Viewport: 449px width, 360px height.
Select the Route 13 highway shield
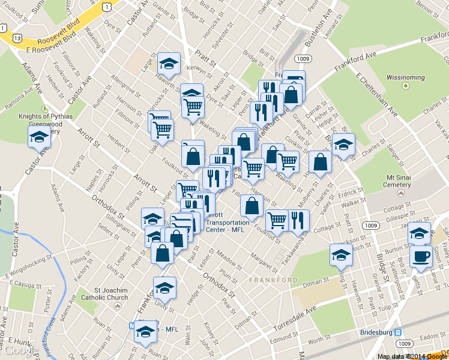(17, 38)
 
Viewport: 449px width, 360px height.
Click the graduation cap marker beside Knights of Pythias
(40, 137)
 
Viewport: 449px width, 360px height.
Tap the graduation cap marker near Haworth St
(169, 64)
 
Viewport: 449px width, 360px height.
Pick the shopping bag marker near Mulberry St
(321, 162)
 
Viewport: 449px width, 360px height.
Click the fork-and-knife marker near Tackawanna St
(298, 220)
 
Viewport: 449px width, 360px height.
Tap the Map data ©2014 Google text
(412, 356)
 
